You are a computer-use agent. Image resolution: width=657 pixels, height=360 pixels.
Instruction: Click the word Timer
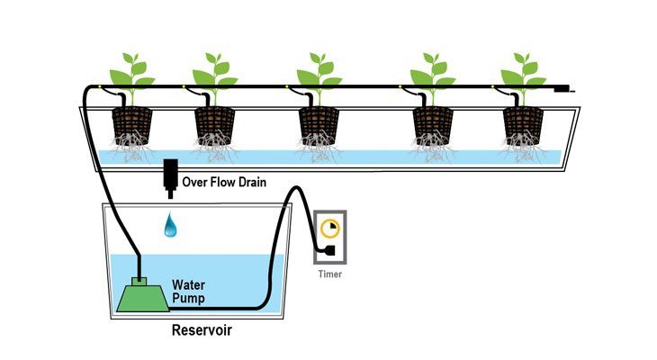[328, 274]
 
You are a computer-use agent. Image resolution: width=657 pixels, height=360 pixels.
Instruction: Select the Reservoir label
[202, 330]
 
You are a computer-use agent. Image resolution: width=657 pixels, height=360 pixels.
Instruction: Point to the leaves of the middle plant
[319, 70]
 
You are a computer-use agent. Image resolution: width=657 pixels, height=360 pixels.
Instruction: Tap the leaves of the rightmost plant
[524, 70]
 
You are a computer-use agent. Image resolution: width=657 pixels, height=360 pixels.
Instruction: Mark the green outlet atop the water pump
[139, 280]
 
